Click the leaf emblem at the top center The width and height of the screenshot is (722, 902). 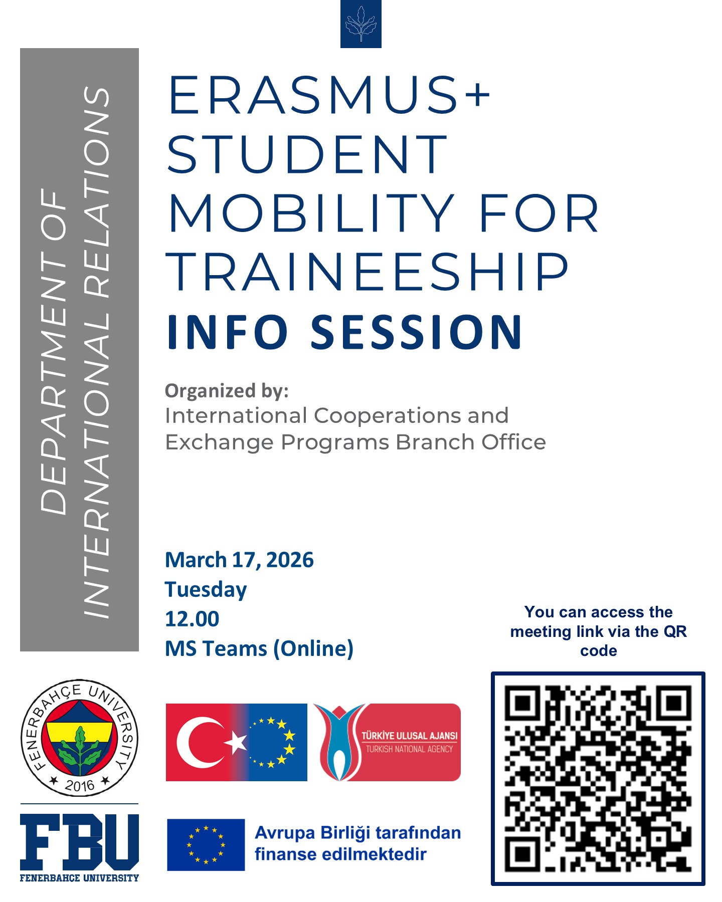click(x=360, y=24)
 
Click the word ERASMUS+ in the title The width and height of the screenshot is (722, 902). click(x=328, y=95)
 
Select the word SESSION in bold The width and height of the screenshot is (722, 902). click(x=417, y=332)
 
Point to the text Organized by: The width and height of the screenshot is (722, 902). click(x=227, y=391)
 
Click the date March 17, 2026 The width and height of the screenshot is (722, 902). click(x=239, y=560)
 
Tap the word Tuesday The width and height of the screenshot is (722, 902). click(x=206, y=590)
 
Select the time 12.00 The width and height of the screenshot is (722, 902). click(x=192, y=619)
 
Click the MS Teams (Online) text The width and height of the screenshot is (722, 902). click(x=259, y=649)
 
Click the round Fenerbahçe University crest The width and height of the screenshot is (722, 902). click(x=79, y=738)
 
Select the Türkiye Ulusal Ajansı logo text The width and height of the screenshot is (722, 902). click(x=409, y=742)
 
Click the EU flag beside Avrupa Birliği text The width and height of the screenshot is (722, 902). click(x=206, y=844)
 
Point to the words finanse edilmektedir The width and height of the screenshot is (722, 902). click(x=340, y=854)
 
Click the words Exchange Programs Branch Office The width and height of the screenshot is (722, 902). click(x=355, y=442)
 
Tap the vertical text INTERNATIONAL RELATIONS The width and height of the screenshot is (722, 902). click(x=96, y=351)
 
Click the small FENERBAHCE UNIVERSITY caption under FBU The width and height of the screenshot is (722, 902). click(x=79, y=878)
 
